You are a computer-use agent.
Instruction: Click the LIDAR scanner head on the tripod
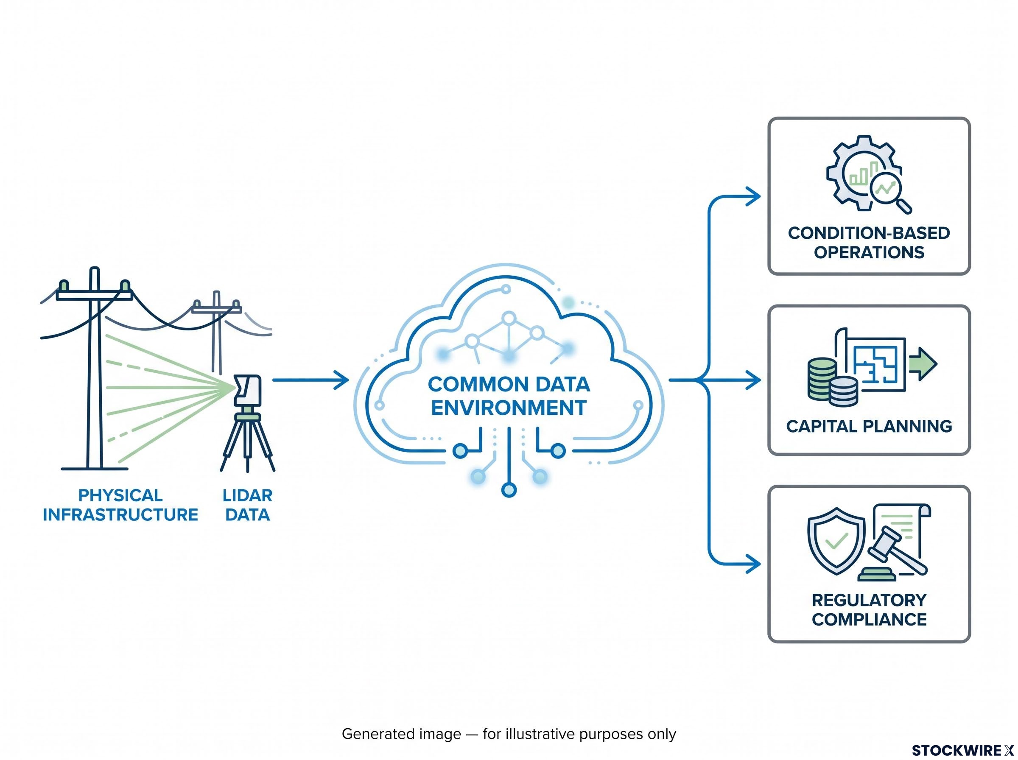[247, 390]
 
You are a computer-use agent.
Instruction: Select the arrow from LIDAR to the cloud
[310, 380]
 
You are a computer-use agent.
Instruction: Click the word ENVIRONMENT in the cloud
[509, 408]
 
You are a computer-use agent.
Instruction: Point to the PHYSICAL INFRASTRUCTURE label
[120, 505]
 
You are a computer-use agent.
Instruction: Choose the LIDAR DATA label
[247, 505]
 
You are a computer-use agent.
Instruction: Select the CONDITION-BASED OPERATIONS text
[869, 243]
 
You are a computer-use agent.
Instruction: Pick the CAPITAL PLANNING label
[869, 426]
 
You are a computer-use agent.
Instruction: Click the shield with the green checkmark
[836, 541]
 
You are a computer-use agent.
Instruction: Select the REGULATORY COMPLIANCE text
[869, 609]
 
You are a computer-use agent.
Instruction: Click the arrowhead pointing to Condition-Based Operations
[753, 196]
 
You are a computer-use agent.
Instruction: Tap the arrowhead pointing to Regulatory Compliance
[753, 564]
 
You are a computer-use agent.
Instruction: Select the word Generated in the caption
[401, 734]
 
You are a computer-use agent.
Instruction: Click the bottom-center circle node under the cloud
[509, 490]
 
